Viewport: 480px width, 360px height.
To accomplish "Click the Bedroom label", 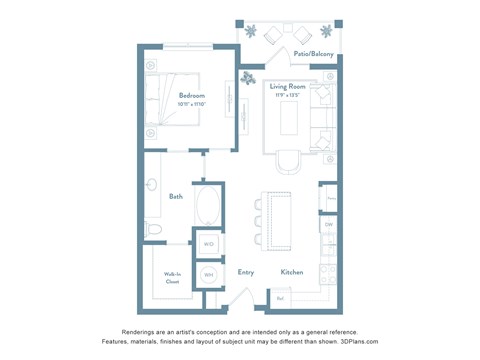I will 180,96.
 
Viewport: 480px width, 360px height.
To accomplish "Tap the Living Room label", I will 290,87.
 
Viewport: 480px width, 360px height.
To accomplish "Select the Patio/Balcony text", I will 314,54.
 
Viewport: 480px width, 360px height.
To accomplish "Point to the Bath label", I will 175,196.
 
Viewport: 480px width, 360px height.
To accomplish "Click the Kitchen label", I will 291,271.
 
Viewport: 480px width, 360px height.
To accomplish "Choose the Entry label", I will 245,271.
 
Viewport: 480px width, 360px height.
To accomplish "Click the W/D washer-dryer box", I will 209,243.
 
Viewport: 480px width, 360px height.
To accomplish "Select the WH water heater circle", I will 209,274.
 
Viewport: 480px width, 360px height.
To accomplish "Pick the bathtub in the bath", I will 210,208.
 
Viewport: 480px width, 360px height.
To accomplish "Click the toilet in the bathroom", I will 153,230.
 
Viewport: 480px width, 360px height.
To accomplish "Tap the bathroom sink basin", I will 152,185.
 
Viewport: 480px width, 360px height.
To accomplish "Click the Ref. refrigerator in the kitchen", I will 281,297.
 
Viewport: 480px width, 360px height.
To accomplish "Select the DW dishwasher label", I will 328,225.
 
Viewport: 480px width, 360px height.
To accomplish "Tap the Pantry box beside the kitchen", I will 329,198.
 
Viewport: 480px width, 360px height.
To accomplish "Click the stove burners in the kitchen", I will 327,272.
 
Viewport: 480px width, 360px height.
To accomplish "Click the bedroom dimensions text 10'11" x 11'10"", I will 180,104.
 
